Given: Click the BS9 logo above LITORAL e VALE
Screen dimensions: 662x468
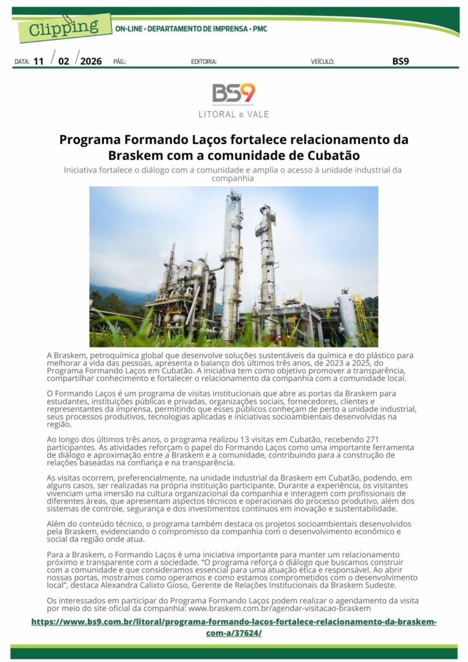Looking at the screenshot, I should point(233,93).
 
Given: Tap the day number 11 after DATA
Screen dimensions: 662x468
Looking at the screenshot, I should point(39,61).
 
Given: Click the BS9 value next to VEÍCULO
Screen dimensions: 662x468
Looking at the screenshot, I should point(400,61).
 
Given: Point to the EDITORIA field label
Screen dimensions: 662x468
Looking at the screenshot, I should point(204,62).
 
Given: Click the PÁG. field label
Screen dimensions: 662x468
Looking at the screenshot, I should point(120,62).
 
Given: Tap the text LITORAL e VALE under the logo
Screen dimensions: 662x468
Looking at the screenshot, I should point(233,114).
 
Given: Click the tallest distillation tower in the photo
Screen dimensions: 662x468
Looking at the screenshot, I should point(231,259).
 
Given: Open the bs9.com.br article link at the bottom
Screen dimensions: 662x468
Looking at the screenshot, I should point(233,627).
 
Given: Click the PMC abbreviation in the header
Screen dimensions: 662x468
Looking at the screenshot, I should point(259,29).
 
